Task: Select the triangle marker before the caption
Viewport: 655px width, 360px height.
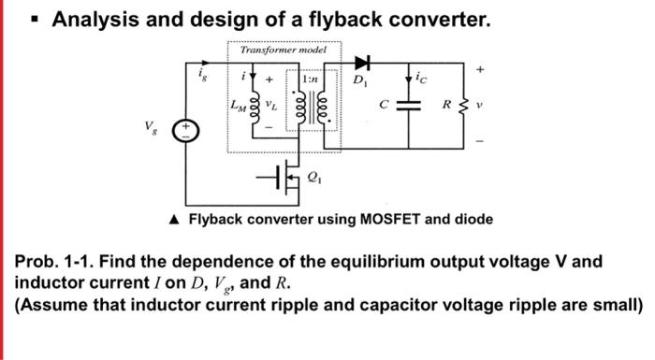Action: (x=175, y=220)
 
